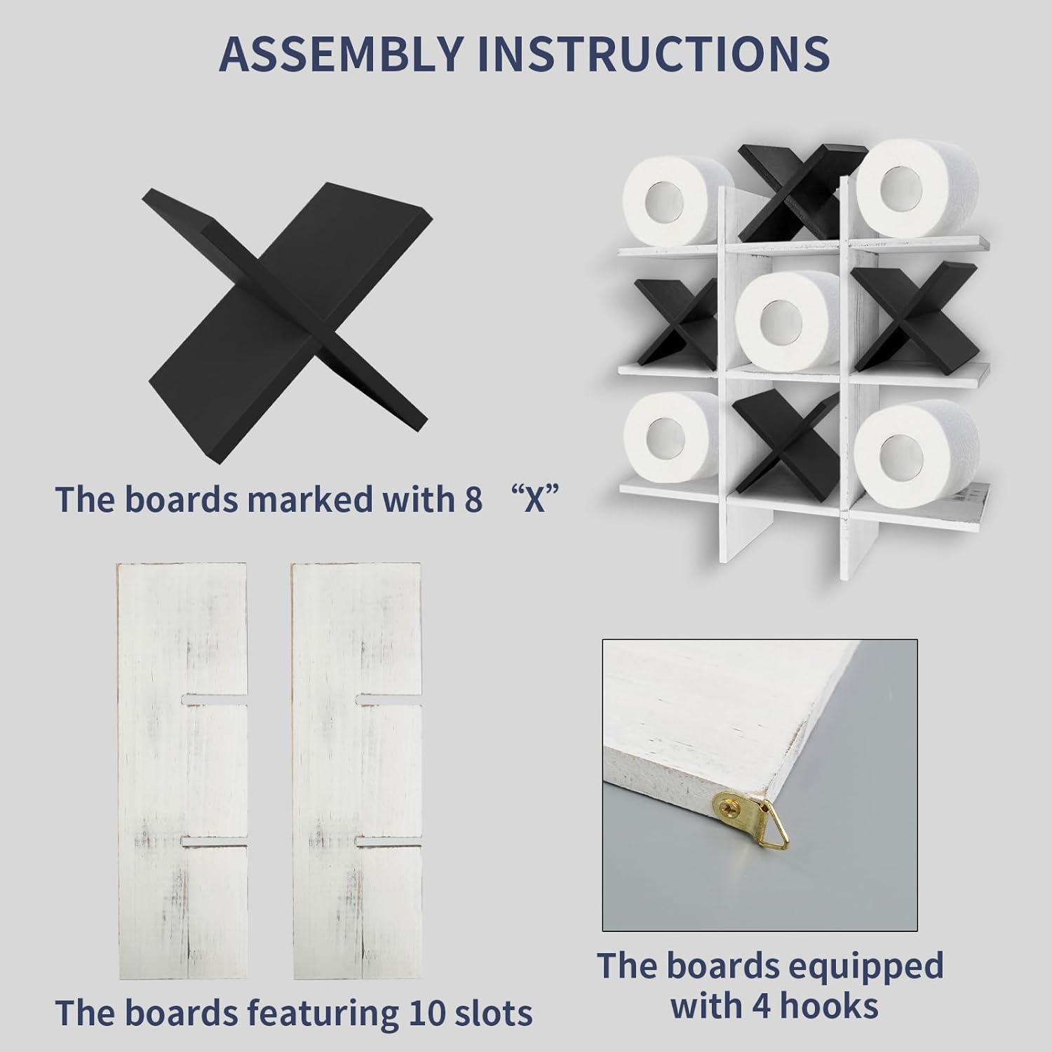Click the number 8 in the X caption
click(x=473, y=499)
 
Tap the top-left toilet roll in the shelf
click(x=671, y=201)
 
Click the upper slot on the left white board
click(x=215, y=699)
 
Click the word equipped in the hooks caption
click(x=844, y=966)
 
